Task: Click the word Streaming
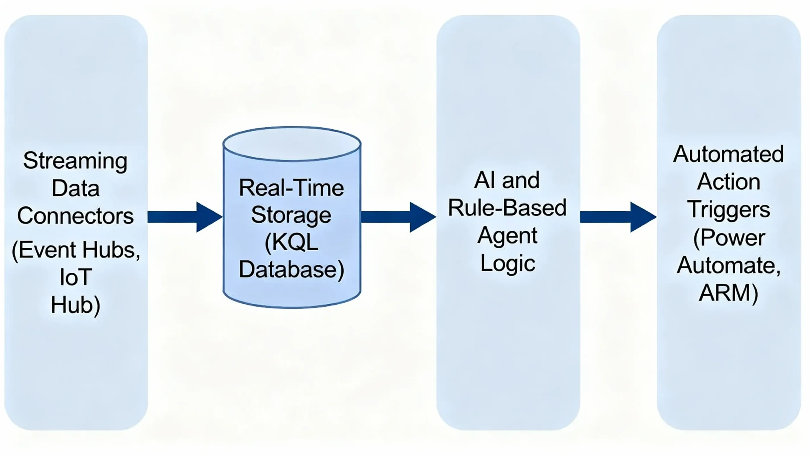(x=75, y=161)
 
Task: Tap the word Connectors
(x=75, y=216)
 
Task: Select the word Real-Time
(x=291, y=188)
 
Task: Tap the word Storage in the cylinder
(x=291, y=215)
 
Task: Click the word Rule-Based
(x=507, y=208)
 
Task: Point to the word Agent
(x=507, y=236)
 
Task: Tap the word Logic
(x=508, y=263)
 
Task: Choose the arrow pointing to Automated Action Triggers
(x=618, y=217)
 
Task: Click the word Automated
(x=728, y=154)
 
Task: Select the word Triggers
(x=728, y=210)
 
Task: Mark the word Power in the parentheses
(x=732, y=238)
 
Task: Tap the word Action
(x=728, y=182)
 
